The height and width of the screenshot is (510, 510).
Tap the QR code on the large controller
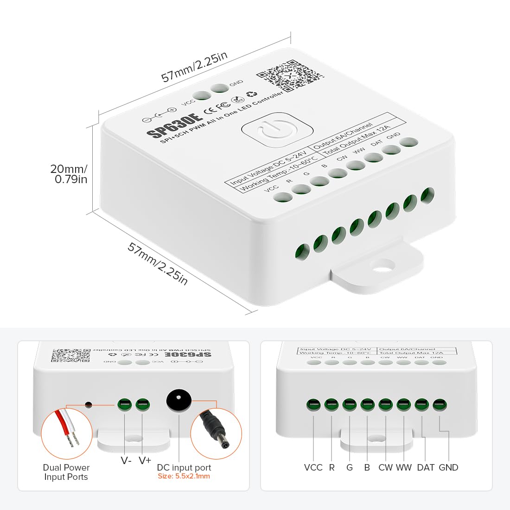[x=289, y=75]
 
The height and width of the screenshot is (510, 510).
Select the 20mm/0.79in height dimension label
[x=69, y=174]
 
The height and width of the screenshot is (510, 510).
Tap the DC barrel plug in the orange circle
[x=216, y=433]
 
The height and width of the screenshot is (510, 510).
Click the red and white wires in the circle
[x=67, y=429]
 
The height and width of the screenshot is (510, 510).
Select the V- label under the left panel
[x=126, y=460]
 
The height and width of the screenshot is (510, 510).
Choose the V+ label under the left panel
[x=145, y=460]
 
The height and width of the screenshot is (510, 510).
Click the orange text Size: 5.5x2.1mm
[x=184, y=476]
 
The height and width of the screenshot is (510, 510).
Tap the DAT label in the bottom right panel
[x=426, y=467]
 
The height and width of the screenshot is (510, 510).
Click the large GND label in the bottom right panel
[x=448, y=467]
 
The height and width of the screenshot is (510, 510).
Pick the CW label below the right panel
[x=385, y=467]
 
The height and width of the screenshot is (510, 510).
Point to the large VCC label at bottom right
[x=313, y=467]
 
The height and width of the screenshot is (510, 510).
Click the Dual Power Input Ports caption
[x=66, y=472]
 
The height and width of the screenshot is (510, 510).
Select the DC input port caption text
[x=184, y=467]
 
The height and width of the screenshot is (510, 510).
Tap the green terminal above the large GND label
[x=440, y=405]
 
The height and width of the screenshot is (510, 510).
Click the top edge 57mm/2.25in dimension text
[x=195, y=67]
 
